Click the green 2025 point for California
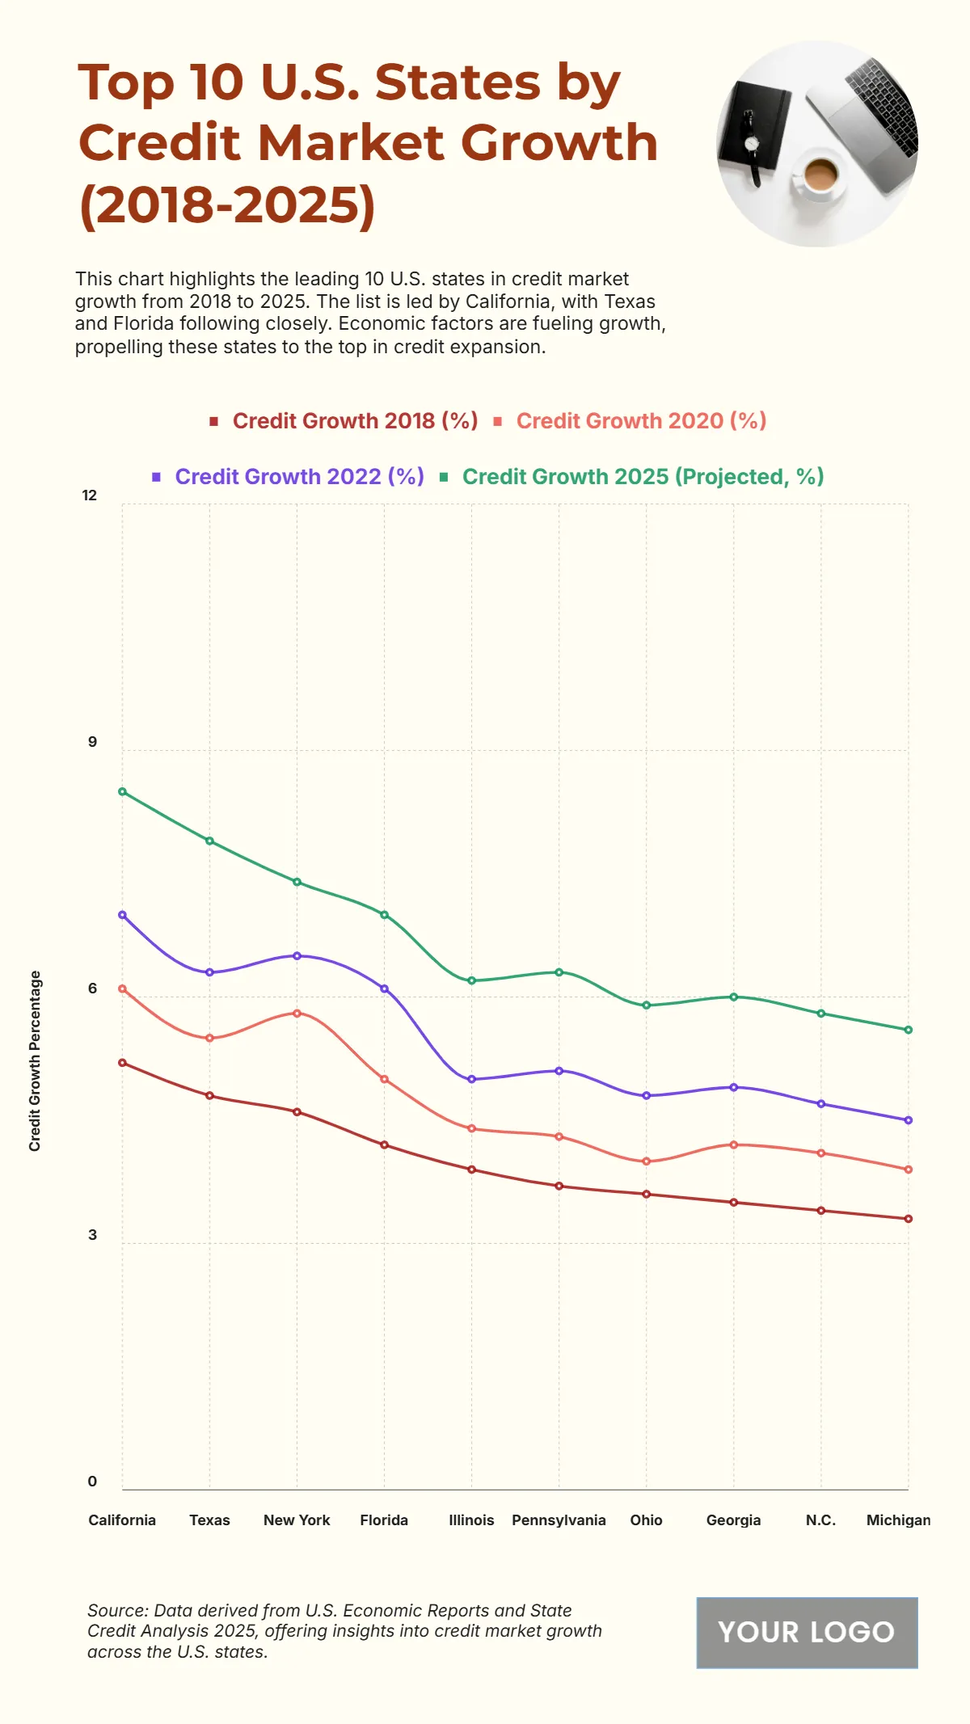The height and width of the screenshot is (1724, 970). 122,791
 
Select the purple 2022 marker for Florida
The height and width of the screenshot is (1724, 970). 384,988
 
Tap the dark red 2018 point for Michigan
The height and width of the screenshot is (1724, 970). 908,1219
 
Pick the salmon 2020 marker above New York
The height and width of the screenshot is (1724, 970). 297,1013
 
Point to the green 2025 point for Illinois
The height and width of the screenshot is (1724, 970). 471,980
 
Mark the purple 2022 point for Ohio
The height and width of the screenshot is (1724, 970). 646,1095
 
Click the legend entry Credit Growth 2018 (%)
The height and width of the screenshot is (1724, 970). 354,421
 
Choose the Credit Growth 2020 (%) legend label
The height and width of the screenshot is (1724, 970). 640,421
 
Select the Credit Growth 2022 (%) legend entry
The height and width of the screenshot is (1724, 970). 298,477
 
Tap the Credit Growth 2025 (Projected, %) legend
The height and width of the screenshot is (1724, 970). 642,477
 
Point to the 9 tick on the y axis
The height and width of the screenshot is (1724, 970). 92,742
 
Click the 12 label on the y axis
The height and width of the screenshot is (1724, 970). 90,495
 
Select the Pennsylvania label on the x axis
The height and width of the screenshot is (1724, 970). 559,1520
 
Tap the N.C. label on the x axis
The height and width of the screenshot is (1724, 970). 820,1520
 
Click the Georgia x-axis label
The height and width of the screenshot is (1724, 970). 733,1520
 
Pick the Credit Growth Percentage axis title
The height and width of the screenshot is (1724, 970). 35,1060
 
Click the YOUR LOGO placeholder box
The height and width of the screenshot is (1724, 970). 807,1632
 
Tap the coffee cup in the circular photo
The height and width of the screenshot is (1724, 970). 819,175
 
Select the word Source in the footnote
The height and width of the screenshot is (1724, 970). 116,1611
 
